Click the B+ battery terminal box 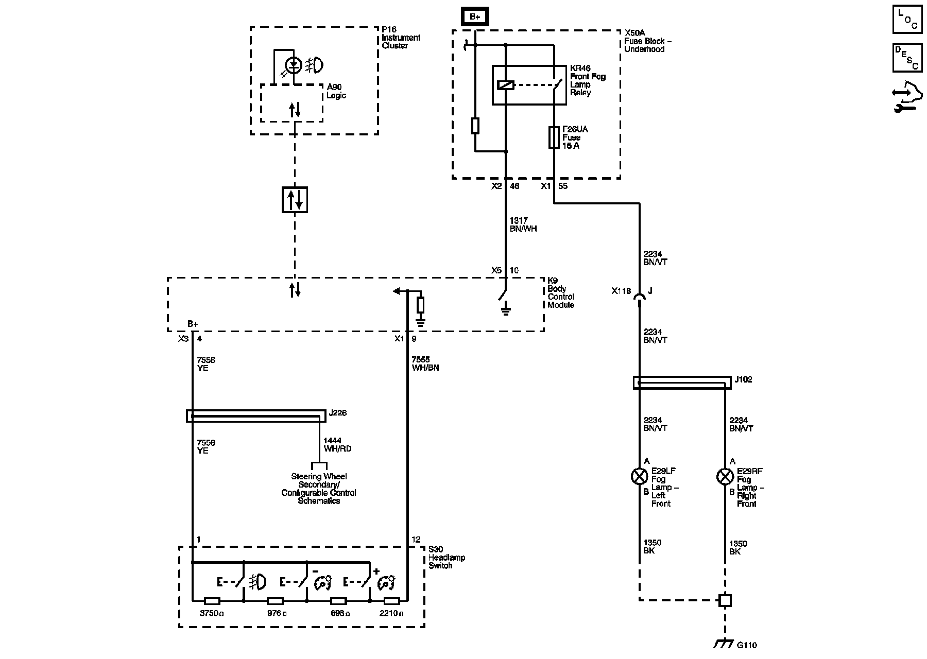(474, 16)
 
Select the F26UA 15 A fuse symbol (554, 137)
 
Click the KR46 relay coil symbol (506, 85)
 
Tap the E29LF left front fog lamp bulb (639, 476)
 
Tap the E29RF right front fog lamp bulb (725, 476)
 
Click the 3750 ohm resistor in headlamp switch (212, 601)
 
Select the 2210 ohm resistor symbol (392, 601)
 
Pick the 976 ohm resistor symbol (275, 601)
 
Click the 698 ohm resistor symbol (338, 601)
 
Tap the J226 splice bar (256, 416)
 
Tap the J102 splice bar (682, 383)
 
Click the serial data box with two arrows (295, 200)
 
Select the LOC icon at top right (907, 20)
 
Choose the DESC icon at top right (907, 58)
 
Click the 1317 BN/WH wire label (523, 224)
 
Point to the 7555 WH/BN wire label (425, 363)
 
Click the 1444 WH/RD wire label (337, 445)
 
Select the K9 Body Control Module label (561, 292)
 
